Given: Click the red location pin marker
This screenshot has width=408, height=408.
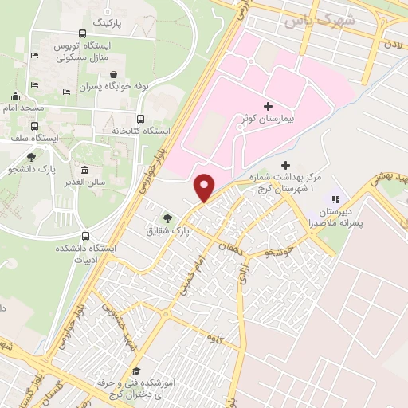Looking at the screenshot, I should pyautogui.click(x=205, y=188).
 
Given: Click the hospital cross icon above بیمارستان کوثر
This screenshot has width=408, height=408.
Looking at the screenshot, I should pyautogui.click(x=268, y=105).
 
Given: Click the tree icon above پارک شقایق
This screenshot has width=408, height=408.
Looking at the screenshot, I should pyautogui.click(x=167, y=216).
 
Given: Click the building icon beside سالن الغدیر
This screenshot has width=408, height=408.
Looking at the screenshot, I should pyautogui.click(x=84, y=169).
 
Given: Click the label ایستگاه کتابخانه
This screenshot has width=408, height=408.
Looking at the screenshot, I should pyautogui.click(x=121, y=129).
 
